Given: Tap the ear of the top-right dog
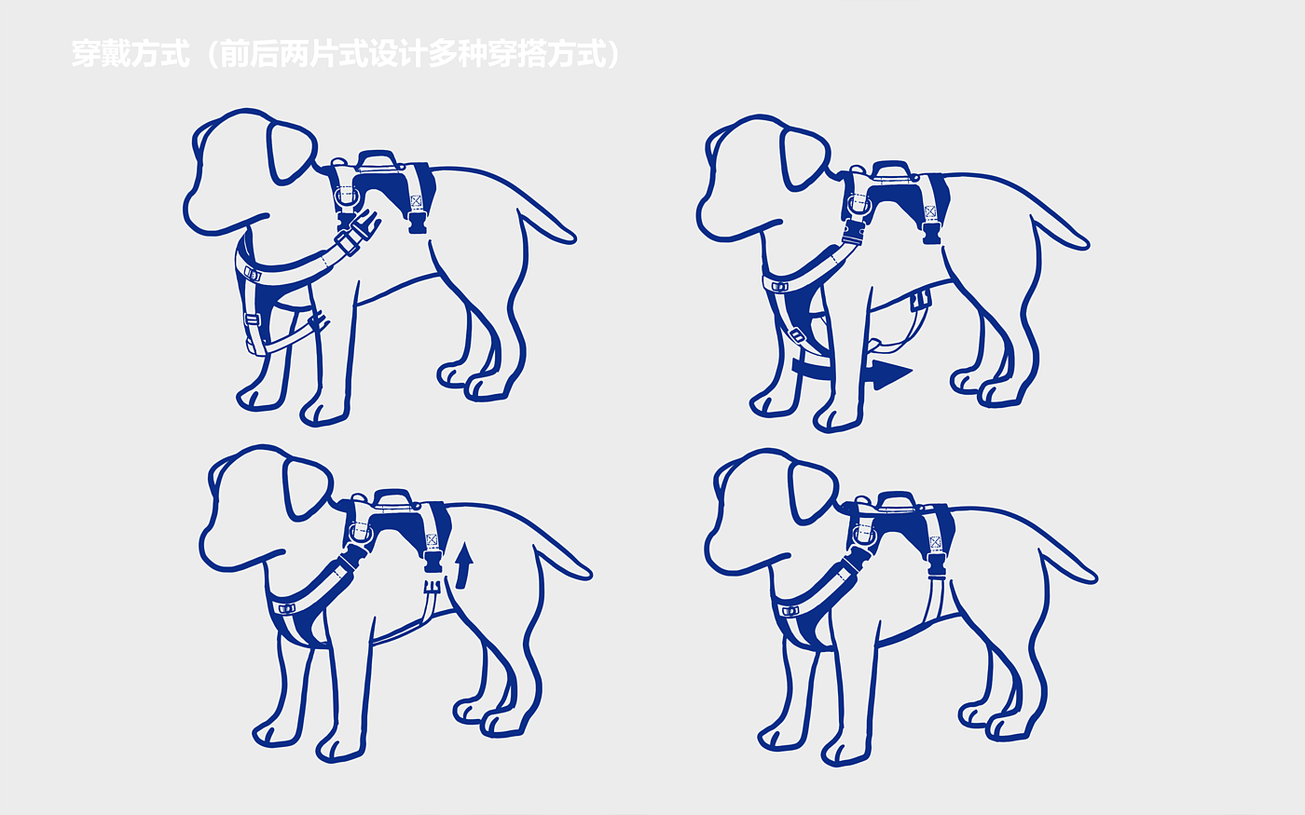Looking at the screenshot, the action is (804, 158).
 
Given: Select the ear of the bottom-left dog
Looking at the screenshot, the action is (307, 489).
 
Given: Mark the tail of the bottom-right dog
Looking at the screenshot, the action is (1068, 564).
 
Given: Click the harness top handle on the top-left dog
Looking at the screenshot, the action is (377, 159).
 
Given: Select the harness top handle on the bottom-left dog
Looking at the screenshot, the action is (393, 498).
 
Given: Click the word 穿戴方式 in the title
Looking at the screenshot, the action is (131, 54).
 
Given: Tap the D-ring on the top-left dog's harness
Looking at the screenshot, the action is (346, 197).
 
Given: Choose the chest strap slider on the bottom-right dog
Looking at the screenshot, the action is (790, 611).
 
